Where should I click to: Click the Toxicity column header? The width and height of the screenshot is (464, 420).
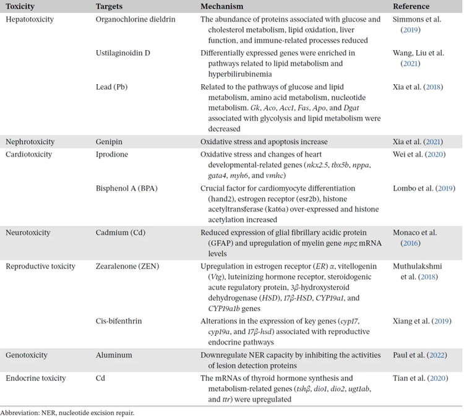pyautogui.click(x=20, y=6)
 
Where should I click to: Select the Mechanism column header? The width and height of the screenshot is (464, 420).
pyautogui.click(x=221, y=6)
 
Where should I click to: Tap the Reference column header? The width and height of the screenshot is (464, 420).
pyautogui.click(x=411, y=6)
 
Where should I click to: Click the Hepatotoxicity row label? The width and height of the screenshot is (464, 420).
pyautogui.click(x=30, y=19)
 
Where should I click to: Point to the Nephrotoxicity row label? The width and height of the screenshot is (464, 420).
pyautogui.click(x=30, y=142)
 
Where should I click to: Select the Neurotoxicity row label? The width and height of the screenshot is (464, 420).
pyautogui.click(x=28, y=233)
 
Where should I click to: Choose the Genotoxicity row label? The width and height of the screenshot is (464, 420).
pyautogui.click(x=27, y=355)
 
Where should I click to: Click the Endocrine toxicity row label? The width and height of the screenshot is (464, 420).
pyautogui.click(x=35, y=377)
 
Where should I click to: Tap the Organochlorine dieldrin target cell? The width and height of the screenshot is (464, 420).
pyautogui.click(x=135, y=19)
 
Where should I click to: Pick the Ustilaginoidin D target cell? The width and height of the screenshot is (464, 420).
pyautogui.click(x=123, y=53)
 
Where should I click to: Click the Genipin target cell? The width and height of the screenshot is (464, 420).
pyautogui.click(x=109, y=142)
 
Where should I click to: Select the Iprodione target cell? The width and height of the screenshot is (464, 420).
pyautogui.click(x=111, y=154)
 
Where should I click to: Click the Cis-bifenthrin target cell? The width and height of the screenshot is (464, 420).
pyautogui.click(x=119, y=321)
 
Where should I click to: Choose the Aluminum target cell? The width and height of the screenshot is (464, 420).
pyautogui.click(x=114, y=355)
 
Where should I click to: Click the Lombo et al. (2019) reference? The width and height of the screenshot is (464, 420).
pyautogui.click(x=427, y=187)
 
